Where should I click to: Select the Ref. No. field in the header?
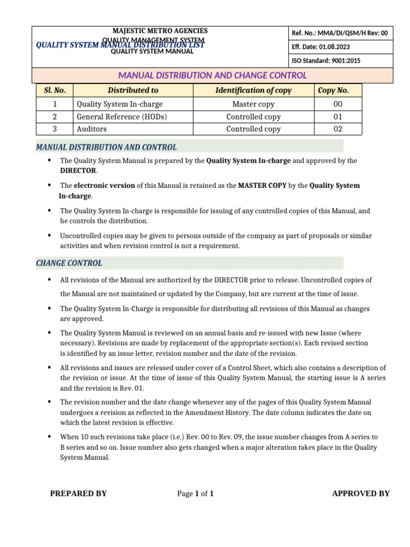pos(340,33)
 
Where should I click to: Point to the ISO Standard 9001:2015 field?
pos(326,61)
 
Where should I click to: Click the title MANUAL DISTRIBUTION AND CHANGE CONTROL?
pos(212,75)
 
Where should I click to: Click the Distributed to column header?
pos(133,90)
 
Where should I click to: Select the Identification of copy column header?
pos(254,90)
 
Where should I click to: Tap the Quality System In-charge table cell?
pos(120,104)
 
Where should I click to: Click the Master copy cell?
pos(254,104)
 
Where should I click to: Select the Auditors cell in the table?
pos(92,129)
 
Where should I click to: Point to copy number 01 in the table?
pos(337,116)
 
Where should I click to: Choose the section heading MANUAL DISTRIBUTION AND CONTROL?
pos(106,147)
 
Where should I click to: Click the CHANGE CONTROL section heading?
pos(69,263)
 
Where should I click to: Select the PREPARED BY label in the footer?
pos(78,494)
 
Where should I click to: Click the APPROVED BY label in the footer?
pos(361,494)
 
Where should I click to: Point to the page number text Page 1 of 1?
pos(195,494)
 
